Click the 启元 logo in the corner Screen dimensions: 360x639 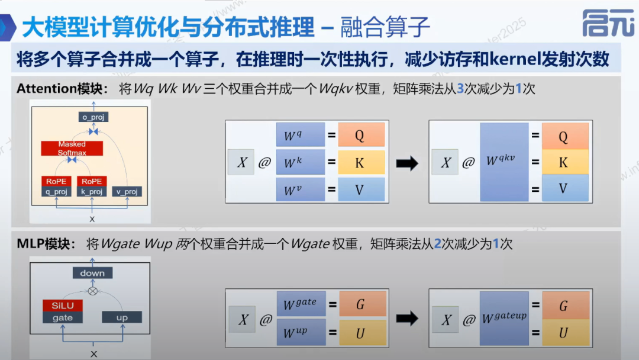[607, 23]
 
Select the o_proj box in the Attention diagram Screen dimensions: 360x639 [93, 117]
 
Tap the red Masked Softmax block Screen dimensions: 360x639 [72, 148]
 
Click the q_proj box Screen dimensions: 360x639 [56, 191]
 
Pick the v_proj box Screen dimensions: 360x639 [127, 191]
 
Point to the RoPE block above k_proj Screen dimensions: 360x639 [91, 181]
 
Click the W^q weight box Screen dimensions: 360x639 [300, 135]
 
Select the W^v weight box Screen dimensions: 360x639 [300, 190]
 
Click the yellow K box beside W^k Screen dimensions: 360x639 [361, 162]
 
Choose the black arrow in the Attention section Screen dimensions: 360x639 [406, 163]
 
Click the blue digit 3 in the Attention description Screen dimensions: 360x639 [460, 89]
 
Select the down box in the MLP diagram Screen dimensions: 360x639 [92, 273]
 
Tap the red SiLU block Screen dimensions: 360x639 [62, 306]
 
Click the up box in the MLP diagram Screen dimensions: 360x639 [122, 317]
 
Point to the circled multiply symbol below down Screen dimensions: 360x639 [92, 291]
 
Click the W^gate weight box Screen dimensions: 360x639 [300, 305]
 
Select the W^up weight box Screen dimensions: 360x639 [300, 332]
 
